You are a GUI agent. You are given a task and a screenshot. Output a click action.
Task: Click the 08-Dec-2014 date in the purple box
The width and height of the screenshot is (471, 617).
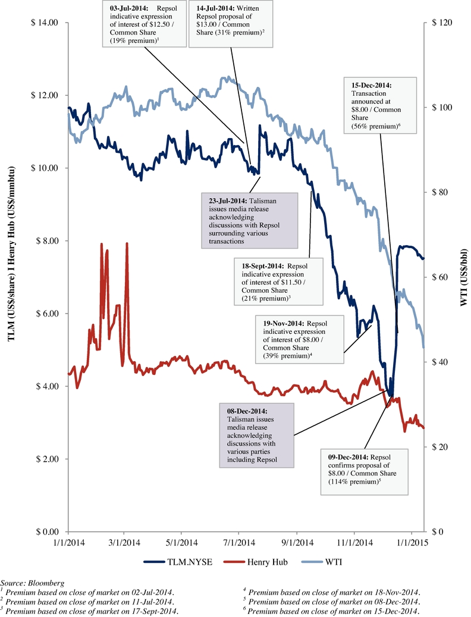[247, 411]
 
